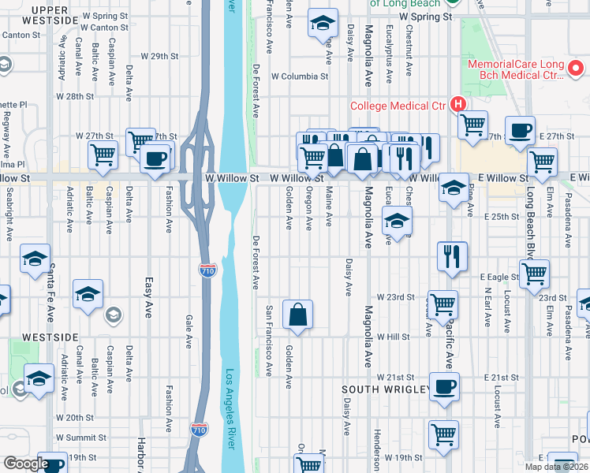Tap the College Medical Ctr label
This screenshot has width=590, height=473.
pyautogui.click(x=399, y=105)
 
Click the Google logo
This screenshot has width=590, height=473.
pyautogui.click(x=25, y=464)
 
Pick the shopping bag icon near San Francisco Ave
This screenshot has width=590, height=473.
pyautogui.click(x=298, y=315)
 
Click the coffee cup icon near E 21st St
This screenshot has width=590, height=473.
pyautogui.click(x=444, y=387)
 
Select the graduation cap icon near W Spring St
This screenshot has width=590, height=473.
pyautogui.click(x=323, y=24)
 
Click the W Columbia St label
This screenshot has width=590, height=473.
pyautogui.click(x=299, y=76)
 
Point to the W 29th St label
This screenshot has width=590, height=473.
pyautogui.click(x=159, y=56)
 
